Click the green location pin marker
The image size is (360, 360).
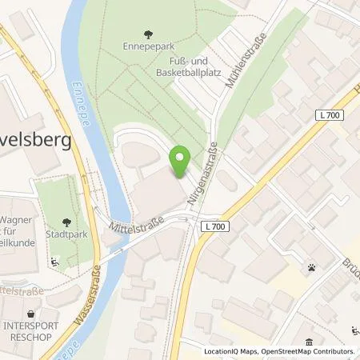(x=181, y=162)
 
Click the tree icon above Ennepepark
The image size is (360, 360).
(x=147, y=34)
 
